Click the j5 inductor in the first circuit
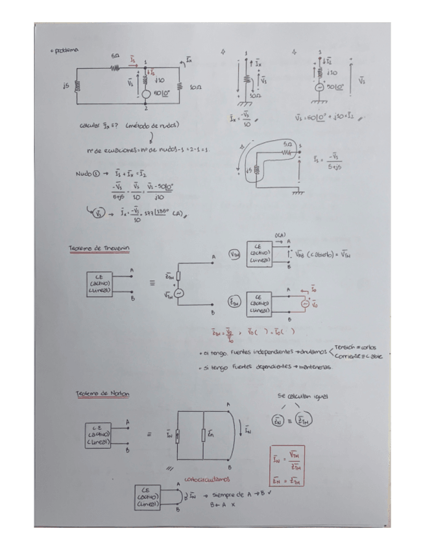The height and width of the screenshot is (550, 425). [x=76, y=86]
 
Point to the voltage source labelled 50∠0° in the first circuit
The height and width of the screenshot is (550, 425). [x=147, y=95]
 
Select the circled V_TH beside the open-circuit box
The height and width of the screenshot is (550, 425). [x=234, y=255]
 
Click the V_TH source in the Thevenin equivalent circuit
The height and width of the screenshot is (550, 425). [x=178, y=293]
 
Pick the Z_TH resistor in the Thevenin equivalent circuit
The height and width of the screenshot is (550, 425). [x=178, y=276]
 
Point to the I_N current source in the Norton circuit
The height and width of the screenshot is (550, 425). [x=178, y=436]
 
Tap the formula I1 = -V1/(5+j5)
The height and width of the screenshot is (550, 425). [x=328, y=160]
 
